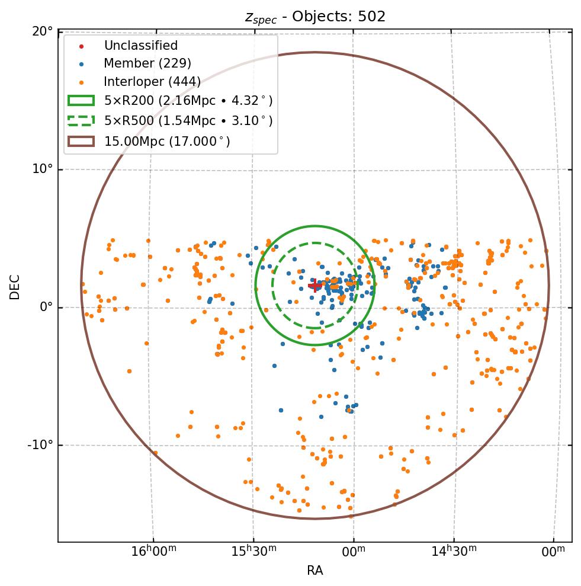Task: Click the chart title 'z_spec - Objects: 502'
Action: point(315,17)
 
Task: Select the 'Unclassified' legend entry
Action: point(140,46)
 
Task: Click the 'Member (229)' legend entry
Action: point(147,63)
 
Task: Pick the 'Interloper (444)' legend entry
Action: point(152,82)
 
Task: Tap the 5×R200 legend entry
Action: point(188,101)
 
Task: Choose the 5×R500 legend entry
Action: point(188,121)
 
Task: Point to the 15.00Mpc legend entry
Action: point(167,141)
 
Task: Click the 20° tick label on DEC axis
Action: point(43,31)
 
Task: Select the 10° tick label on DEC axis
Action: point(43,169)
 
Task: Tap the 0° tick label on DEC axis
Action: point(46,308)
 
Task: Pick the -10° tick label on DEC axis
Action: point(41,445)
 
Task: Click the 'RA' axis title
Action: point(315,571)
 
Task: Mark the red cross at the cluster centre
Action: point(315,286)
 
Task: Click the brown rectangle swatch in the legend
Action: point(81,141)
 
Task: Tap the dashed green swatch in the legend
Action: point(81,121)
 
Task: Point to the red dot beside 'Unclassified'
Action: point(82,46)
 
